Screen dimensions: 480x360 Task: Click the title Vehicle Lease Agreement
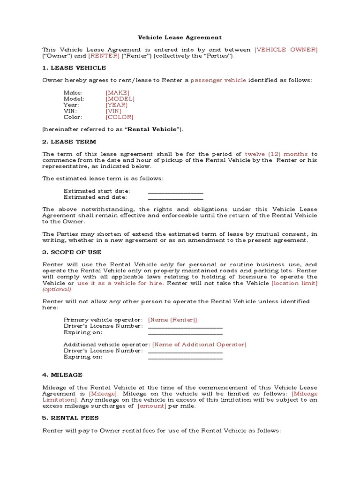pos(180,37)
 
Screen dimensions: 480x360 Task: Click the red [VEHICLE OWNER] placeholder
pos(285,49)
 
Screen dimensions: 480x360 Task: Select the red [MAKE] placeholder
pos(117,93)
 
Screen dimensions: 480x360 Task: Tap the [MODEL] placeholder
pos(120,99)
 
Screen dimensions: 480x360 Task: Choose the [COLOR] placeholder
pos(120,117)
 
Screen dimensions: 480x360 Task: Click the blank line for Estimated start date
pos(175,191)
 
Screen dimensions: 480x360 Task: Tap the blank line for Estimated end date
pos(175,197)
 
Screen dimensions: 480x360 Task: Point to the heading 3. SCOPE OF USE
pos(72,252)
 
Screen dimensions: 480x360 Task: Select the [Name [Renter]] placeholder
pos(172,320)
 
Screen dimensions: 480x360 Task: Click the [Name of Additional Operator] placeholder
pos(199,345)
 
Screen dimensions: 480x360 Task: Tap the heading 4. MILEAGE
pos(62,375)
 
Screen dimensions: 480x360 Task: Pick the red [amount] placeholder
pos(151,406)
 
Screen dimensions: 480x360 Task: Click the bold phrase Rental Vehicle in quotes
pos(153,129)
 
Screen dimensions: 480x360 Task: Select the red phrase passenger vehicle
pos(218,80)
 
